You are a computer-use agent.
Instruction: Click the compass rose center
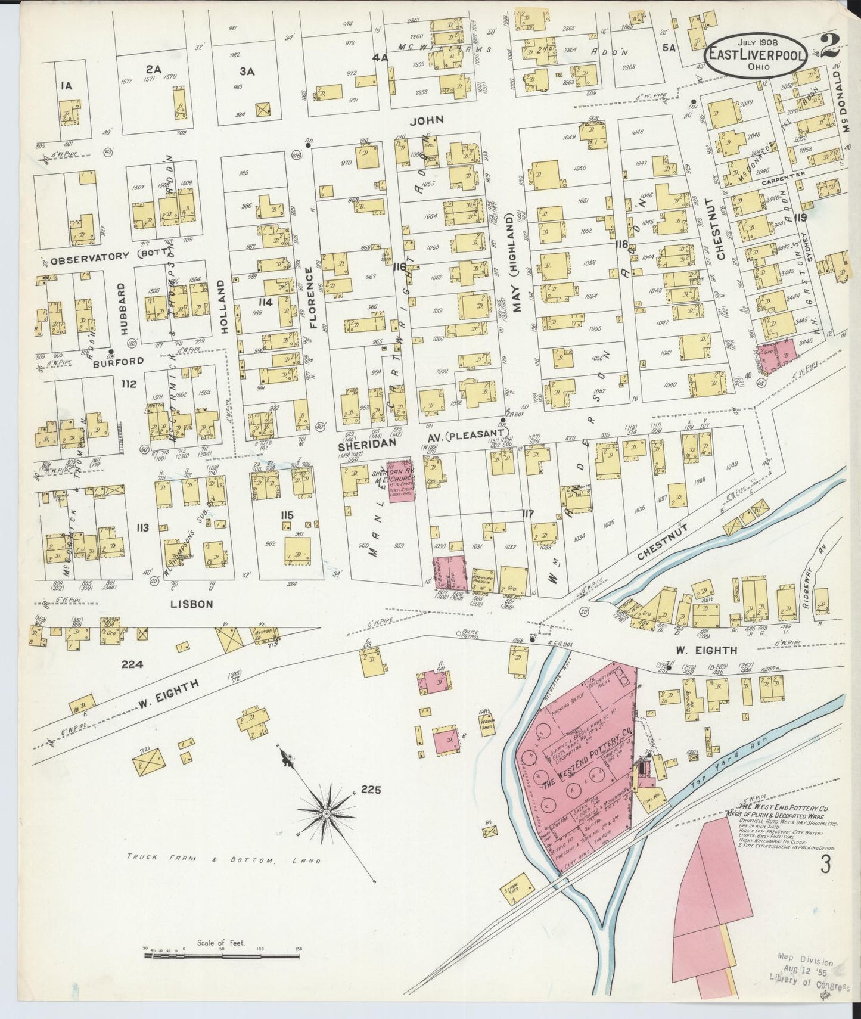(x=327, y=813)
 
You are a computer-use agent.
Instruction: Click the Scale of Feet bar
(x=222, y=956)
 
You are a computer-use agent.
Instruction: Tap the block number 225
(x=370, y=790)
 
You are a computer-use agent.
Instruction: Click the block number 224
(x=132, y=663)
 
